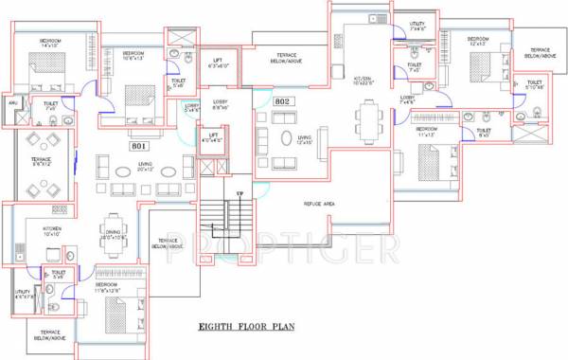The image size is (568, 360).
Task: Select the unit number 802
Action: [x=282, y=100]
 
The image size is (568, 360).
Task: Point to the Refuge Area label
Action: [x=321, y=204]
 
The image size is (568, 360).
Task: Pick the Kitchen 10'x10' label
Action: [x=51, y=231]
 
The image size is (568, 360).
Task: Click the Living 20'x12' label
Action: [x=145, y=166]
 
